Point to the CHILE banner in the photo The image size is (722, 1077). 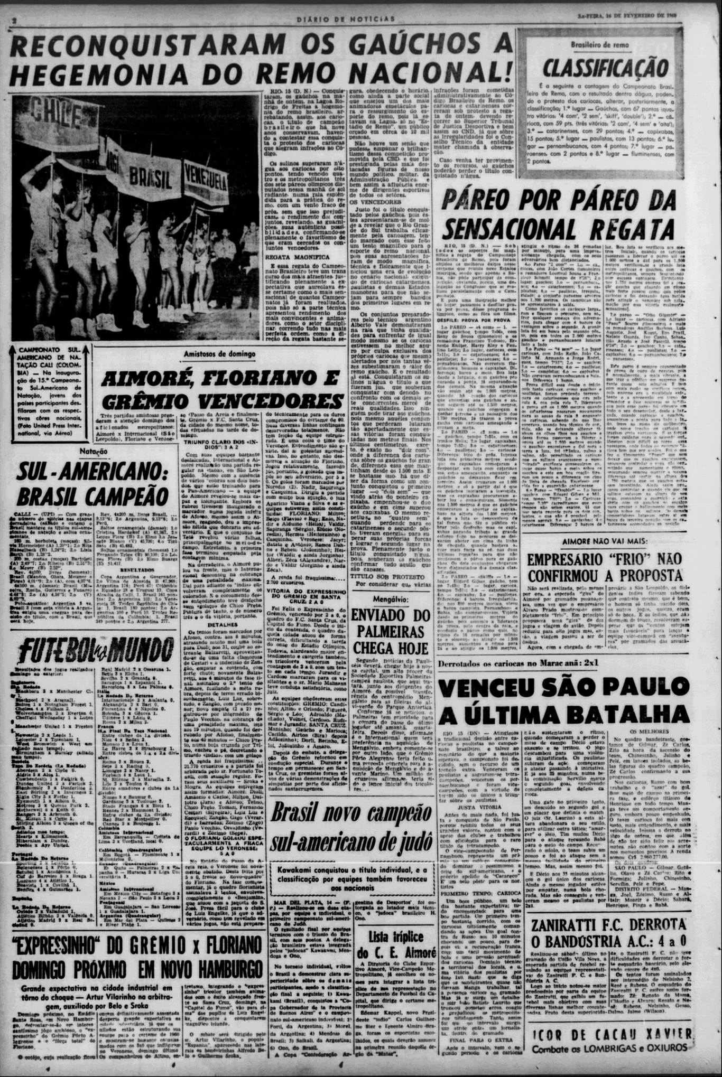pyautogui.click(x=55, y=110)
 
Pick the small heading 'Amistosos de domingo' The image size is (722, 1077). pyautogui.click(x=219, y=354)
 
